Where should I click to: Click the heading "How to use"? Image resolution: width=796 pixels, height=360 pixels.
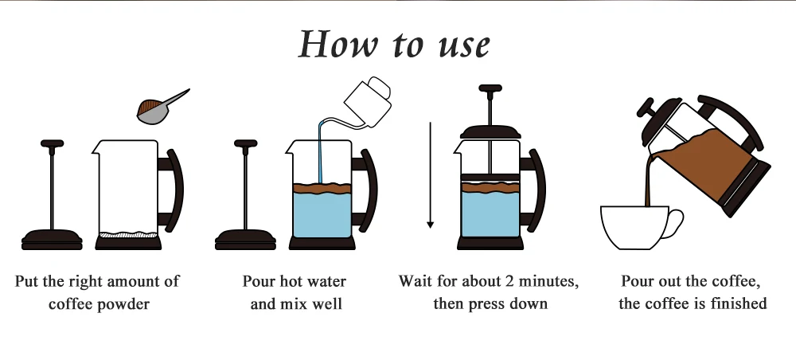pos(394,45)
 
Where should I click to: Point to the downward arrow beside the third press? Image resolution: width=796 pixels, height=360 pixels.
pos(430,175)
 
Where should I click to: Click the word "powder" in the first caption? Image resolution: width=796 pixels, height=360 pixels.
pos(123,303)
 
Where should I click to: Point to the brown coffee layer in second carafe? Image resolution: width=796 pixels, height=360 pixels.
pos(323,189)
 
